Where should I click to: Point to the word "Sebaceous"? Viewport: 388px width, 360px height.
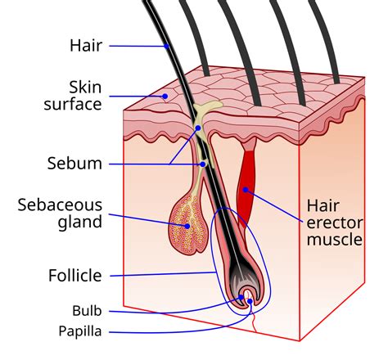pos(61,204)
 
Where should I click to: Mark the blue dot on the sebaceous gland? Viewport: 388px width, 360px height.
pos(187,226)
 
